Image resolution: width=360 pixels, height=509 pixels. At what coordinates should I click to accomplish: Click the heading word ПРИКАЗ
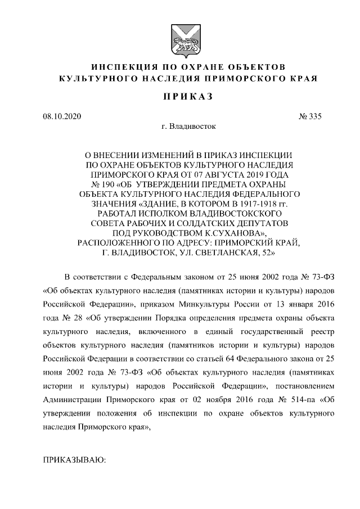(180, 96)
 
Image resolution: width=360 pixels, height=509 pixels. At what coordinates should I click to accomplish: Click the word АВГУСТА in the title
(206, 173)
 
